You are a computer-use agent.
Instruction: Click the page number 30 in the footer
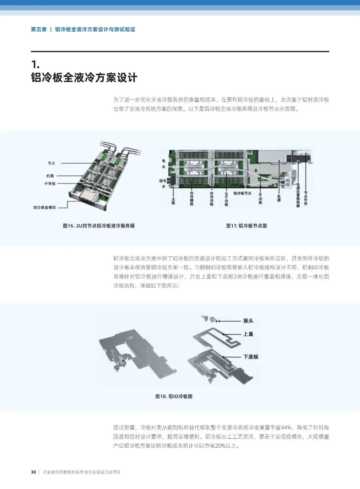coord(33,472)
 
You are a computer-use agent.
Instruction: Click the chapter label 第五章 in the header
coord(39,29)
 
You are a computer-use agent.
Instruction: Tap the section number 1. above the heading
coord(35,64)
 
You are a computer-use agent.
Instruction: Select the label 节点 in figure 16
coord(51,163)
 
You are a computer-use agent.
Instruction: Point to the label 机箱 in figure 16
coord(50,176)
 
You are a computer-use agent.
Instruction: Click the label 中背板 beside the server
coord(50,183)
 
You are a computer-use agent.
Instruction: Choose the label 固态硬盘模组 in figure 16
coord(44,207)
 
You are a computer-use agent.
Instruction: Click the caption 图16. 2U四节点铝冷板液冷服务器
coord(99,226)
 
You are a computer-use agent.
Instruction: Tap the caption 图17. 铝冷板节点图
coord(246,226)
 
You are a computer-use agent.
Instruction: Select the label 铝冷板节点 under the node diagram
coord(242,193)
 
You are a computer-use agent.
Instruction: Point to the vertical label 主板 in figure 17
coord(173,201)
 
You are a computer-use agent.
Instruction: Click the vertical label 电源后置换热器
coord(298,195)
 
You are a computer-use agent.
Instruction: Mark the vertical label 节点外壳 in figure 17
coord(306,198)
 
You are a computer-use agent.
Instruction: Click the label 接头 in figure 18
coord(248,321)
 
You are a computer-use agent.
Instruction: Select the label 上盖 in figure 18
coord(248,334)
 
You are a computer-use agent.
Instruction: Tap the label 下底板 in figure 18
coord(251,357)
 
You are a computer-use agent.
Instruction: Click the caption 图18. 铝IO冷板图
coord(174,396)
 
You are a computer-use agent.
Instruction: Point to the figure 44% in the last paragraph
coord(286,428)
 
